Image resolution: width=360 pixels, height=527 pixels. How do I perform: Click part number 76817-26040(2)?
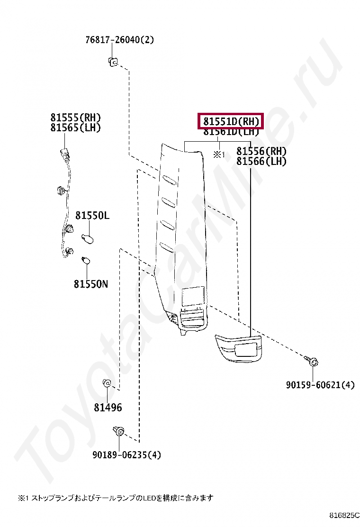[x=120, y=40]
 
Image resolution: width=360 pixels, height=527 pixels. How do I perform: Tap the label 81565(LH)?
[x=76, y=128]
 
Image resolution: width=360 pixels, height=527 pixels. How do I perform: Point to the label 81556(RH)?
[x=261, y=152]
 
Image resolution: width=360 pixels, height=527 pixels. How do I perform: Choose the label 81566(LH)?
[x=261, y=162]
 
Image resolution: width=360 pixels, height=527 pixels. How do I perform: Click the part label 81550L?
[x=92, y=216]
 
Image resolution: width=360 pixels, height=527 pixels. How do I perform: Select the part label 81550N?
[x=90, y=284]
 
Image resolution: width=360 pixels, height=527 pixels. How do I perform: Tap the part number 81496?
[x=108, y=408]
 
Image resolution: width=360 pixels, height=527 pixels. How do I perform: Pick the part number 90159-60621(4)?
[x=320, y=385]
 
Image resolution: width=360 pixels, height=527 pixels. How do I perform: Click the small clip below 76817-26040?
[x=113, y=61]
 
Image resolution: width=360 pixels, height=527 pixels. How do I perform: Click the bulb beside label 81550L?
[x=88, y=237]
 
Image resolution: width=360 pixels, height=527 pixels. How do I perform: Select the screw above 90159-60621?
[x=313, y=362]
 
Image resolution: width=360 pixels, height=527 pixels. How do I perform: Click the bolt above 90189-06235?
[x=118, y=432]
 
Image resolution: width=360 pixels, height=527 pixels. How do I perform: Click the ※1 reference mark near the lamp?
[x=218, y=154]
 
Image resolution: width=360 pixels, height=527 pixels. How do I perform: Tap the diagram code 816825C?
[x=345, y=515]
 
